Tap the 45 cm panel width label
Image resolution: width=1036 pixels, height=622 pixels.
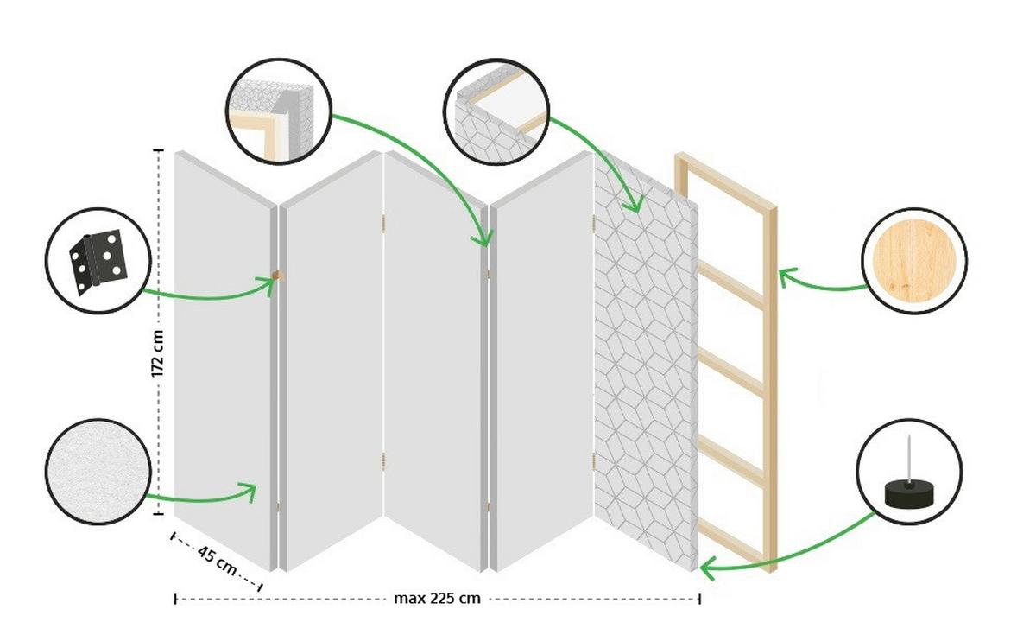click(217, 561)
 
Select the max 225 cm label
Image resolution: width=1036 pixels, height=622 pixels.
click(437, 598)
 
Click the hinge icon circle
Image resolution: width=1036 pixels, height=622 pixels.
click(98, 259)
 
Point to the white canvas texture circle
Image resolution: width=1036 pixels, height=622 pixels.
click(98, 473)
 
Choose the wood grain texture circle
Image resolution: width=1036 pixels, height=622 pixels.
click(913, 259)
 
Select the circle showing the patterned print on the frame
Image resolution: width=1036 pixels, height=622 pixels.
click(496, 110)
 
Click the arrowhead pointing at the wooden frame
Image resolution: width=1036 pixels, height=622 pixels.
click(784, 276)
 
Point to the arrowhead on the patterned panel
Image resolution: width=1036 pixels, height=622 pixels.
click(635, 206)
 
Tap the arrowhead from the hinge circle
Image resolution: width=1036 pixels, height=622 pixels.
click(267, 282)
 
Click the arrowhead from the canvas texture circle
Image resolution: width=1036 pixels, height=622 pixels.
click(250, 492)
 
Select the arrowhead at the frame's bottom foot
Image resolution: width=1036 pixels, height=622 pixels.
click(706, 569)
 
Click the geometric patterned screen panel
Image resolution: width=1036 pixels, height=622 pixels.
click(646, 363)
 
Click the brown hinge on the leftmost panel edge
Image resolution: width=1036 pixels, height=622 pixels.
click(276, 275)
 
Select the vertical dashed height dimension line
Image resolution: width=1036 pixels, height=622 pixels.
click(159, 259)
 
